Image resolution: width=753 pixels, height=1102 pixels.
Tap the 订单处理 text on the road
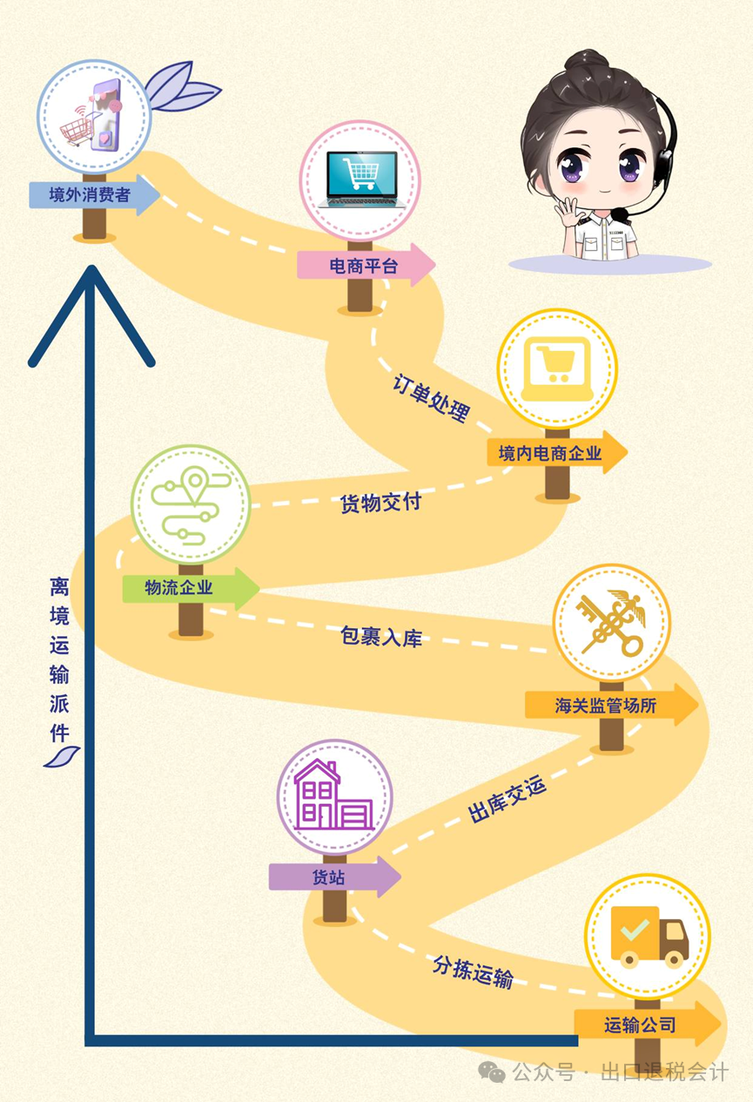pyautogui.click(x=431, y=397)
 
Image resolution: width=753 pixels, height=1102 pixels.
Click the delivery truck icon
pyautogui.click(x=649, y=936)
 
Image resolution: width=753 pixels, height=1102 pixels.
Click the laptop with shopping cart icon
pyautogui.click(x=359, y=179)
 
